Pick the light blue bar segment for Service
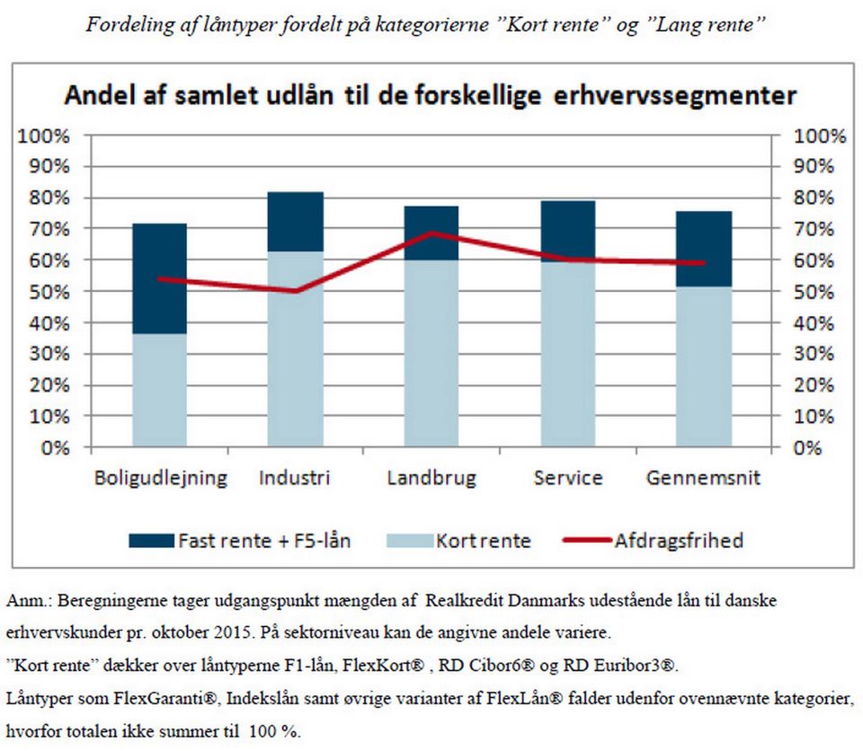pyautogui.click(x=567, y=355)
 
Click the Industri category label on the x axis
pyautogui.click(x=294, y=478)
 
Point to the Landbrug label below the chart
pyautogui.click(x=431, y=478)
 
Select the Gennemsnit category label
pyautogui.click(x=703, y=478)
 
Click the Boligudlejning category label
pyautogui.click(x=160, y=478)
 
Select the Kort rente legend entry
pyautogui.click(x=483, y=541)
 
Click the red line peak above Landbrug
pyautogui.click(x=431, y=234)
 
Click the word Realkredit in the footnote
pyautogui.click(x=467, y=599)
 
